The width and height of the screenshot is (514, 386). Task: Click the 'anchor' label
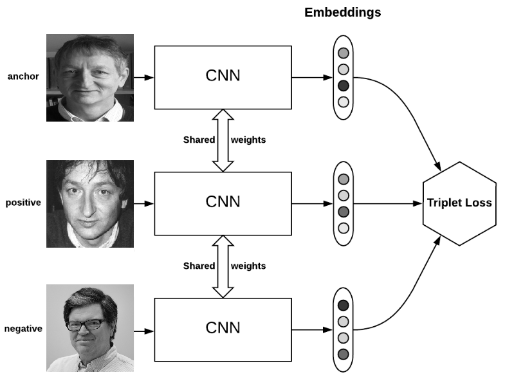coord(23,77)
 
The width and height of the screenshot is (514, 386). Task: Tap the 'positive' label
coord(23,203)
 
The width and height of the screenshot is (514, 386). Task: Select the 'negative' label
coord(23,329)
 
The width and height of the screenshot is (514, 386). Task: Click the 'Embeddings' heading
coord(342,13)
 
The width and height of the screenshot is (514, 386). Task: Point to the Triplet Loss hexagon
coord(459,203)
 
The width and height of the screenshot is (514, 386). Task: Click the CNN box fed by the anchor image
coord(223,77)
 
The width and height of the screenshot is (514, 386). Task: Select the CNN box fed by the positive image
coord(223,202)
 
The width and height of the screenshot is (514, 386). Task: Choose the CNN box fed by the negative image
coord(223,328)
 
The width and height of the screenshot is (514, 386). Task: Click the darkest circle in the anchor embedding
coord(343,85)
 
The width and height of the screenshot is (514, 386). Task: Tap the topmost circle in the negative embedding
coord(343,305)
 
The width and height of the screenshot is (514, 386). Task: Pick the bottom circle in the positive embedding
coord(343,228)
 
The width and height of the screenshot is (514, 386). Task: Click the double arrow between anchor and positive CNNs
coord(223,140)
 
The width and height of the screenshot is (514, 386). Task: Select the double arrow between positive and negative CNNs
coord(223,266)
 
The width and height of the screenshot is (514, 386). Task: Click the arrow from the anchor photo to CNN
coord(144,77)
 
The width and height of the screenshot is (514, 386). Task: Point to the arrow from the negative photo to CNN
coord(144,331)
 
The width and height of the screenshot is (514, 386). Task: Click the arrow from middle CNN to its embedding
coord(311,203)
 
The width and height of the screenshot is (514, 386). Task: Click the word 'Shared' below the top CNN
coord(199,140)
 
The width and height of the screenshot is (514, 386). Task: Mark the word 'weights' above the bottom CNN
coord(248,266)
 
